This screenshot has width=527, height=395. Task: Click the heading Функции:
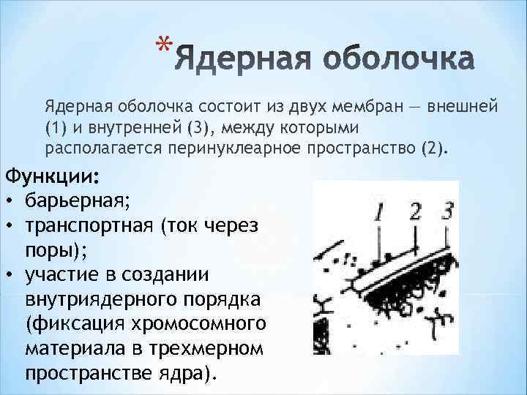click(53, 177)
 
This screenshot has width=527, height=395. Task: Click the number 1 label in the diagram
click(379, 213)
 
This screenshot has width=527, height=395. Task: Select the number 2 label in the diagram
click(415, 211)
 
